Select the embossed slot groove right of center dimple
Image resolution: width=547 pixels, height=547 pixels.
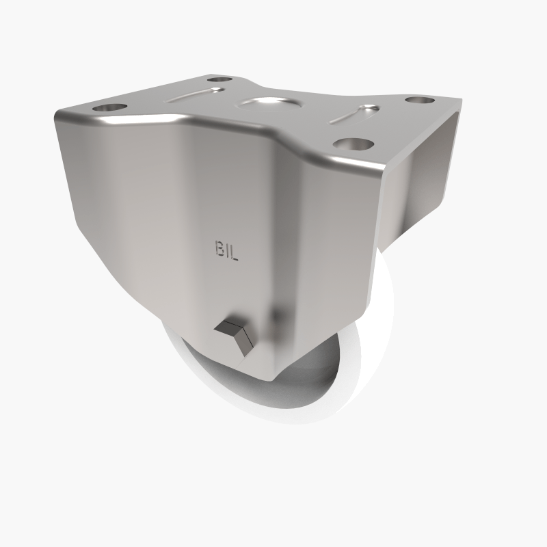click(354, 114)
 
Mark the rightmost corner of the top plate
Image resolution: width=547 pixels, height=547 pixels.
click(459, 101)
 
